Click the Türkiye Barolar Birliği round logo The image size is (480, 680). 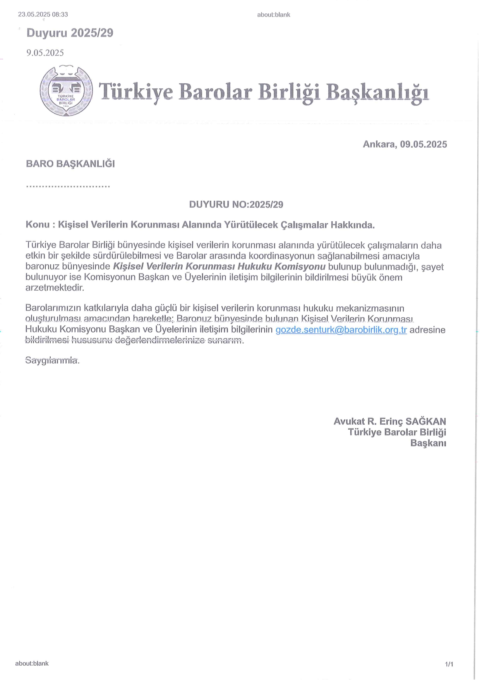click(x=66, y=91)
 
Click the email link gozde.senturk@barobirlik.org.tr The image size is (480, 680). click(x=341, y=330)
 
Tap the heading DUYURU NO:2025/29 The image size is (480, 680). click(x=236, y=205)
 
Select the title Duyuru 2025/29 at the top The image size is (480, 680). click(x=70, y=33)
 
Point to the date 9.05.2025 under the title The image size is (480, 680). click(x=45, y=53)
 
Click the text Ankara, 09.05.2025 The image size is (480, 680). click(x=405, y=145)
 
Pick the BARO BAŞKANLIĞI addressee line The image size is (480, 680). click(x=70, y=164)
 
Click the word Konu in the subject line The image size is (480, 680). click(x=37, y=225)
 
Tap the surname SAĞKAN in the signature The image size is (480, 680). click(x=425, y=422)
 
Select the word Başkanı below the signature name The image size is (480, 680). click(x=428, y=443)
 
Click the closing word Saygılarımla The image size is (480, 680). click(x=52, y=360)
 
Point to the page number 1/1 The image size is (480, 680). click(x=449, y=665)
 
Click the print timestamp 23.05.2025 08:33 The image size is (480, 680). click(x=43, y=15)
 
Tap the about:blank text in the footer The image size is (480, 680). click(x=32, y=663)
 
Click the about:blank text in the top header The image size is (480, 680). click(x=273, y=15)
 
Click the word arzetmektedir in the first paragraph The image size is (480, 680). click(x=55, y=288)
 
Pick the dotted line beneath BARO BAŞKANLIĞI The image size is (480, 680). click(x=68, y=186)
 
